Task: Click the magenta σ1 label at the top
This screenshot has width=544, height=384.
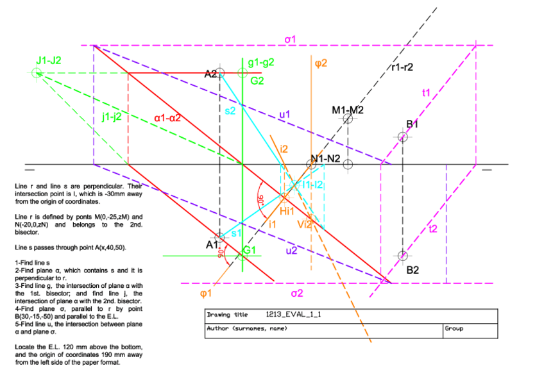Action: tap(290, 40)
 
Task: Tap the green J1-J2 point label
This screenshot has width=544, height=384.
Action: tap(49, 60)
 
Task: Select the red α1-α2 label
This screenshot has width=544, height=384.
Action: tap(168, 118)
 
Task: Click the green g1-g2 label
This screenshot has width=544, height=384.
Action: tap(260, 63)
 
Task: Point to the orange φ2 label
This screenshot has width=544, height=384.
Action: tap(321, 63)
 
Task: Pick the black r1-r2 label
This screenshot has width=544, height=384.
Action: tap(401, 67)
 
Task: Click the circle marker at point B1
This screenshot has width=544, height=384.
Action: tap(402, 137)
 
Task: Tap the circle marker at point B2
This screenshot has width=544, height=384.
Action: tap(402, 256)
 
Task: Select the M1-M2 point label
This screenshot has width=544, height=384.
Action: tap(348, 110)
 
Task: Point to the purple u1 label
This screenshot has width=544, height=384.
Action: tap(284, 115)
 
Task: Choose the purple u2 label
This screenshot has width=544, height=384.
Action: tap(291, 251)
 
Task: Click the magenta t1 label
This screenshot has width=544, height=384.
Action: tap(426, 93)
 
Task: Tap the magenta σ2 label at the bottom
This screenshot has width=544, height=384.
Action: tap(296, 294)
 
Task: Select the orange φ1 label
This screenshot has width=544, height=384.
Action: tap(206, 294)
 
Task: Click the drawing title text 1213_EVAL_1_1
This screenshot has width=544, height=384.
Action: tap(293, 315)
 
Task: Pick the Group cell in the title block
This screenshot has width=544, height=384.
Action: tap(453, 328)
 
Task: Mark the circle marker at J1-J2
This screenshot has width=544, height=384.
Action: tap(36, 73)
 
